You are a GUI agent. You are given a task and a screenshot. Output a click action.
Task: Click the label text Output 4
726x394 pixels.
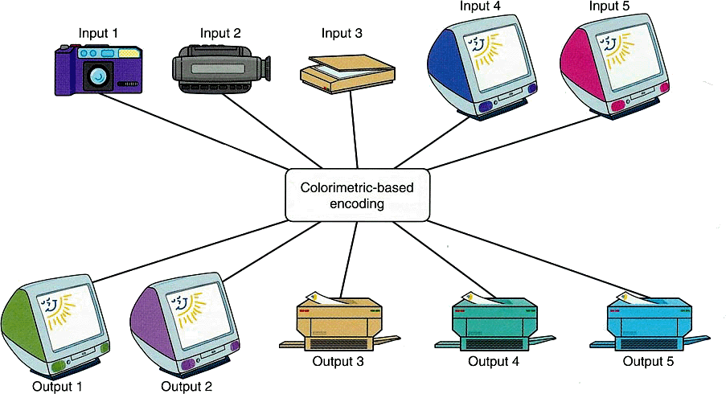[x=493, y=362]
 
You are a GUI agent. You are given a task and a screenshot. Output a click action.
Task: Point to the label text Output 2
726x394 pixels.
[x=187, y=386]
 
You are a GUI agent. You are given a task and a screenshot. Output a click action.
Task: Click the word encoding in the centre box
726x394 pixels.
[x=355, y=204]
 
